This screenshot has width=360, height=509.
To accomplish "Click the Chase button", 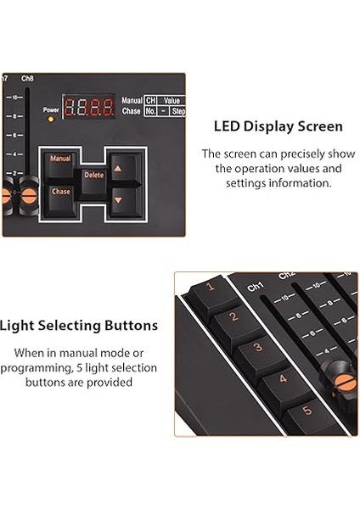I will click(x=61, y=192).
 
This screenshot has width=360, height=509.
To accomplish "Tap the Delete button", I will click(x=93, y=175).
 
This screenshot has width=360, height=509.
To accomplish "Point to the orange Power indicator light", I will click(x=50, y=119).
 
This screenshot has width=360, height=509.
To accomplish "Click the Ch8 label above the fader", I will click(x=28, y=80).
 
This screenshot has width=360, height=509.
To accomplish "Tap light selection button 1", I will click(x=211, y=288).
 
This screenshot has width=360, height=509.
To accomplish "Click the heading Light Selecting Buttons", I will click(x=78, y=325).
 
